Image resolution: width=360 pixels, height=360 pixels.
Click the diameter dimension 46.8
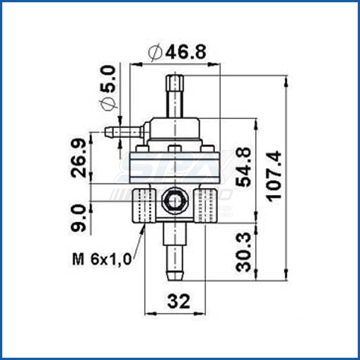(x=186, y=53)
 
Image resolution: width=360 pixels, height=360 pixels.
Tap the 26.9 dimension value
(x=79, y=158)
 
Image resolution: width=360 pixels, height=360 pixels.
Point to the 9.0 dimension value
(x=79, y=217)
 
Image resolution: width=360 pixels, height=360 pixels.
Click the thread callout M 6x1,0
(x=101, y=260)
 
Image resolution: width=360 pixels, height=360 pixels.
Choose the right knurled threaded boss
(x=205, y=205)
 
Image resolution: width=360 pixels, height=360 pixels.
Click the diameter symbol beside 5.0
(x=108, y=103)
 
